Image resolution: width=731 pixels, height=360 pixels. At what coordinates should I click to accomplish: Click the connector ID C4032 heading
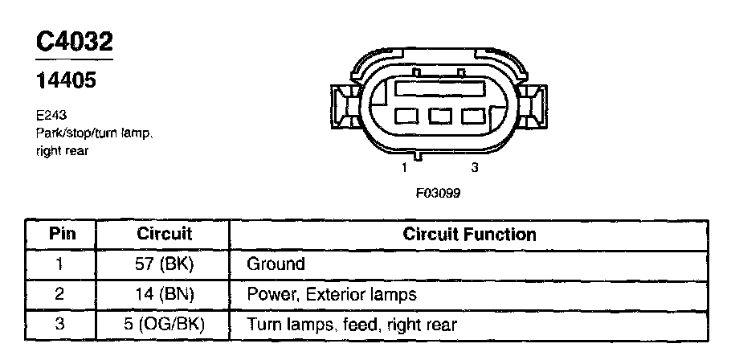click(x=74, y=42)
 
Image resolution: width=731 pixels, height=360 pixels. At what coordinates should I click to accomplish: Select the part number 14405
click(x=67, y=80)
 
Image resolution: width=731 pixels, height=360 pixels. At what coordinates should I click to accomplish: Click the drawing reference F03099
click(x=438, y=193)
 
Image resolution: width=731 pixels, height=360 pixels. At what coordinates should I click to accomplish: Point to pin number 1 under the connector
click(x=405, y=168)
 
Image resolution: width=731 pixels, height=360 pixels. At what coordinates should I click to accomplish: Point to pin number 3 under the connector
click(x=475, y=168)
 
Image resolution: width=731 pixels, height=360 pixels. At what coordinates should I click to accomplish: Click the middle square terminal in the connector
click(x=440, y=117)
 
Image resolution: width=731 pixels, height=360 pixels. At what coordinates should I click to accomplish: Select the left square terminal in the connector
click(x=407, y=117)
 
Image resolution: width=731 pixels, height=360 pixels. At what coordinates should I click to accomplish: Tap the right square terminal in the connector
click(x=473, y=117)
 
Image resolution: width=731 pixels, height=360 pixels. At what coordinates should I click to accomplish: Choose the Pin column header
click(x=62, y=235)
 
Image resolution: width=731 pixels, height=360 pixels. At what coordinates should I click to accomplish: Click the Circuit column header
click(x=164, y=235)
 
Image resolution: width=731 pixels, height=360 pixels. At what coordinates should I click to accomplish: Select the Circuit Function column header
click(x=469, y=235)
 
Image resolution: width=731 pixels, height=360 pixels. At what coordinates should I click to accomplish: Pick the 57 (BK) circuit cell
click(x=164, y=264)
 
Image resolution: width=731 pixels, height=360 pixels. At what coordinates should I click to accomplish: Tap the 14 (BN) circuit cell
click(x=164, y=294)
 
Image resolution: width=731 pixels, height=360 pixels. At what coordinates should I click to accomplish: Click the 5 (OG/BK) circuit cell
click(x=164, y=325)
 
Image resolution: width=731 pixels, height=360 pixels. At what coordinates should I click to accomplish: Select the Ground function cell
click(x=276, y=264)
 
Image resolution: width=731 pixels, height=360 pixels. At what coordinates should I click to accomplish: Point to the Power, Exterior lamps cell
click(x=331, y=294)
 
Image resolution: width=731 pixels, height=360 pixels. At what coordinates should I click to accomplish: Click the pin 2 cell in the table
click(x=62, y=294)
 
